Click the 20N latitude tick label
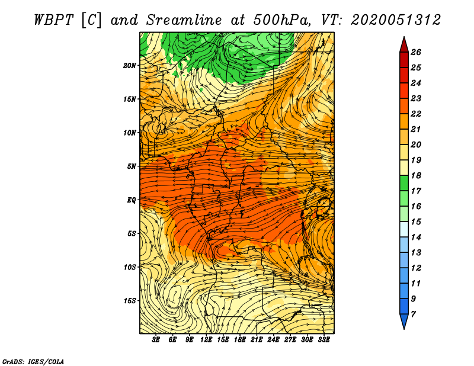tap(130, 65)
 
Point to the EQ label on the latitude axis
tap(132, 200)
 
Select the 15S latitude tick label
tap(130, 301)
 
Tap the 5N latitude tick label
tap(132, 166)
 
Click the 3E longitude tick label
tap(156, 340)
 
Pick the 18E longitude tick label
tap(240, 340)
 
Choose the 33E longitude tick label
tap(324, 340)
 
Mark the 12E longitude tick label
tap(206, 340)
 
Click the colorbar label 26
tap(416, 52)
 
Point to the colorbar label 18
tap(416, 175)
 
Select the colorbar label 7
tap(413, 314)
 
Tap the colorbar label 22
tap(416, 114)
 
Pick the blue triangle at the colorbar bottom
tap(404, 320)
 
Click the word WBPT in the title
tap(53, 20)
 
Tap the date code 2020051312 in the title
tap(395, 20)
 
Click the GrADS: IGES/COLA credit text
tap(33, 362)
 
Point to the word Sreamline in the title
tap(184, 20)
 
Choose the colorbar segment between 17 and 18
tap(404, 183)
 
